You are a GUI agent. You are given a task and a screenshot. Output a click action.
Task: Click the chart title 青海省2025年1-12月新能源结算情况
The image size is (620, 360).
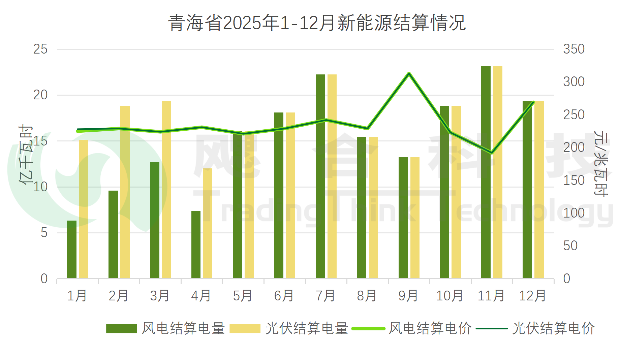317,23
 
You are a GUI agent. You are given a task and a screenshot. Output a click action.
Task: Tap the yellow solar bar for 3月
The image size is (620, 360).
166,189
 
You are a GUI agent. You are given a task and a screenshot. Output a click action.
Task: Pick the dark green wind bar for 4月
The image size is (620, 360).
196,244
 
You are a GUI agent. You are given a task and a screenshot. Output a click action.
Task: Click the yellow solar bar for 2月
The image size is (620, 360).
125,192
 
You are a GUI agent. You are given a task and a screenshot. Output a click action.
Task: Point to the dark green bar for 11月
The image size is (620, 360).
486,172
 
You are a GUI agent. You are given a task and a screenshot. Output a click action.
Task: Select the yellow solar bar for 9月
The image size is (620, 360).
415,218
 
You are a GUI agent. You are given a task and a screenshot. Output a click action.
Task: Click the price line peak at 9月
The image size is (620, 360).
409,73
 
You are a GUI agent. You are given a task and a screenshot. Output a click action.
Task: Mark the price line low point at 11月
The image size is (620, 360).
492,153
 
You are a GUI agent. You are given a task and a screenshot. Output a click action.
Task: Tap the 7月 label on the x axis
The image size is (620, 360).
325,296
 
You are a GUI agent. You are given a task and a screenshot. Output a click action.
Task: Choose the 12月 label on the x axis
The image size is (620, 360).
532,296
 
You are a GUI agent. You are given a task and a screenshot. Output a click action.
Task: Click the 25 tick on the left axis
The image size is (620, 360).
40,50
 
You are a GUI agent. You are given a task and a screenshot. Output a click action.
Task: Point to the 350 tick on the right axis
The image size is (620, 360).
573,50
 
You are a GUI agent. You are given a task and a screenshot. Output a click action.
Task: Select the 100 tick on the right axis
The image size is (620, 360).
573,213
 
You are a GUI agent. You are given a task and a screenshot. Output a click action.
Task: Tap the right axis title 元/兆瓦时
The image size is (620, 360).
600,164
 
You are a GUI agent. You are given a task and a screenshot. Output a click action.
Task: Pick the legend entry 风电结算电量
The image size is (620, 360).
165,328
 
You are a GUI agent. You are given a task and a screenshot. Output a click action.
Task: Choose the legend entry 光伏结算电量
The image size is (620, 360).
289,328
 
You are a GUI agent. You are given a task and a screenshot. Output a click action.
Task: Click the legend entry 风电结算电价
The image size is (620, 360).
412,328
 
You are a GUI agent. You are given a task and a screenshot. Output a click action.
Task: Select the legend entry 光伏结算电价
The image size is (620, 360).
536,328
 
